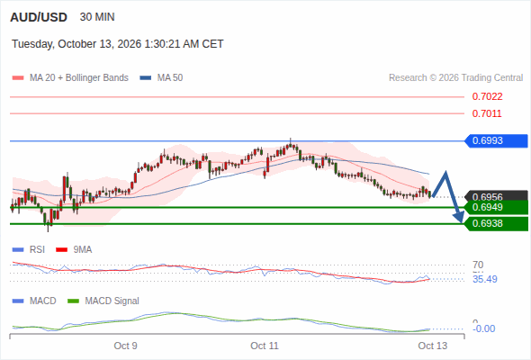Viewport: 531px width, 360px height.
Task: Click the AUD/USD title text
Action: [x=39, y=17]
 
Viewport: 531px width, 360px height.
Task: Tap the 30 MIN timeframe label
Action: [x=97, y=17]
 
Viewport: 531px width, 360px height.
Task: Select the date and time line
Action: [x=118, y=44]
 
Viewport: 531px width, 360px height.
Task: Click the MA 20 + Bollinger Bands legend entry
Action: [x=70, y=78]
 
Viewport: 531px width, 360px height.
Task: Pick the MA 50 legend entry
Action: [x=161, y=78]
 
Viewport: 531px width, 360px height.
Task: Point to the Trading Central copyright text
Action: [x=455, y=78]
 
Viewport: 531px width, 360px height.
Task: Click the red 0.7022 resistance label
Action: [x=487, y=97]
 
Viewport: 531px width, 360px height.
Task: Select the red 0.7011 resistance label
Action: [x=487, y=113]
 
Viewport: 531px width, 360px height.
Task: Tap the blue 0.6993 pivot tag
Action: [x=496, y=141]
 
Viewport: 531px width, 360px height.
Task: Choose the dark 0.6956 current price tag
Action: [x=496, y=195]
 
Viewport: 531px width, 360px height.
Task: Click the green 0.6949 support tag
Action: [x=496, y=207]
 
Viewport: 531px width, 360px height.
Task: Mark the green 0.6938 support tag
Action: [x=496, y=224]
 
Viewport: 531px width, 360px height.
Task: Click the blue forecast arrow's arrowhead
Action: [x=459, y=218]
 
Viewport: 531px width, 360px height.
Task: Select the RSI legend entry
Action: [x=29, y=249]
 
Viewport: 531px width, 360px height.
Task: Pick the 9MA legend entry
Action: [x=74, y=249]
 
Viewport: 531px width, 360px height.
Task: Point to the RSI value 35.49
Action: [x=485, y=279]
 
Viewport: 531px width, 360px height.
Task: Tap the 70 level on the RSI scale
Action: [x=478, y=265]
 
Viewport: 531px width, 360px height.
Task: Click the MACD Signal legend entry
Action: [x=103, y=301]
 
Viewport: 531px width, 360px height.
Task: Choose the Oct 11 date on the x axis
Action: [x=265, y=346]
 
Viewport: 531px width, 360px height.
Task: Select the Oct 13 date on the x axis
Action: [x=433, y=346]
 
